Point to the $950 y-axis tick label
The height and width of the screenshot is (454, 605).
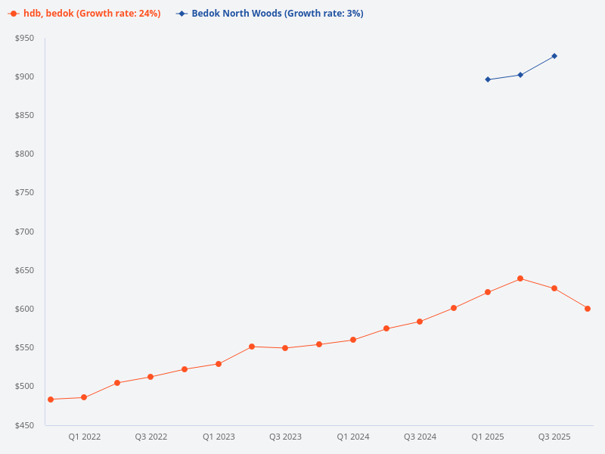(x=25, y=38)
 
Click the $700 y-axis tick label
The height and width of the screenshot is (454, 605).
(x=25, y=232)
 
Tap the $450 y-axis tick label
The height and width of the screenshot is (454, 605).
(x=25, y=425)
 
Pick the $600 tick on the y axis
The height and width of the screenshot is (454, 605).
(x=25, y=309)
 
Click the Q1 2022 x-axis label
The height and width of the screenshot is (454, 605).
(x=84, y=437)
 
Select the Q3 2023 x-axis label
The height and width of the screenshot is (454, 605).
(x=285, y=437)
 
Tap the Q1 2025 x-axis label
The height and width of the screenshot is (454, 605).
(x=487, y=437)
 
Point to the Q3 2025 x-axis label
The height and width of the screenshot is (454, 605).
(x=554, y=437)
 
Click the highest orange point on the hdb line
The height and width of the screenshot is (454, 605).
(x=520, y=278)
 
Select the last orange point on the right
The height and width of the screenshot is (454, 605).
(x=588, y=309)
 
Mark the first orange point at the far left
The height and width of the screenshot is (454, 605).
(x=51, y=400)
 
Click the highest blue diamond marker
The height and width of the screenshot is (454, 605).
(x=554, y=56)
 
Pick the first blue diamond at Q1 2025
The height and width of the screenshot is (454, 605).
(x=488, y=79)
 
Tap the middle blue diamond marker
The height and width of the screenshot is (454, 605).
(x=520, y=75)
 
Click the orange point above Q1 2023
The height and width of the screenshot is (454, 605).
(x=219, y=364)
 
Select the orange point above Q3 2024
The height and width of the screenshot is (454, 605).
(x=420, y=322)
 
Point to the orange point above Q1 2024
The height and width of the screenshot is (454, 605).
(x=353, y=340)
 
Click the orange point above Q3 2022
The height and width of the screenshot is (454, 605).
(x=150, y=377)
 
